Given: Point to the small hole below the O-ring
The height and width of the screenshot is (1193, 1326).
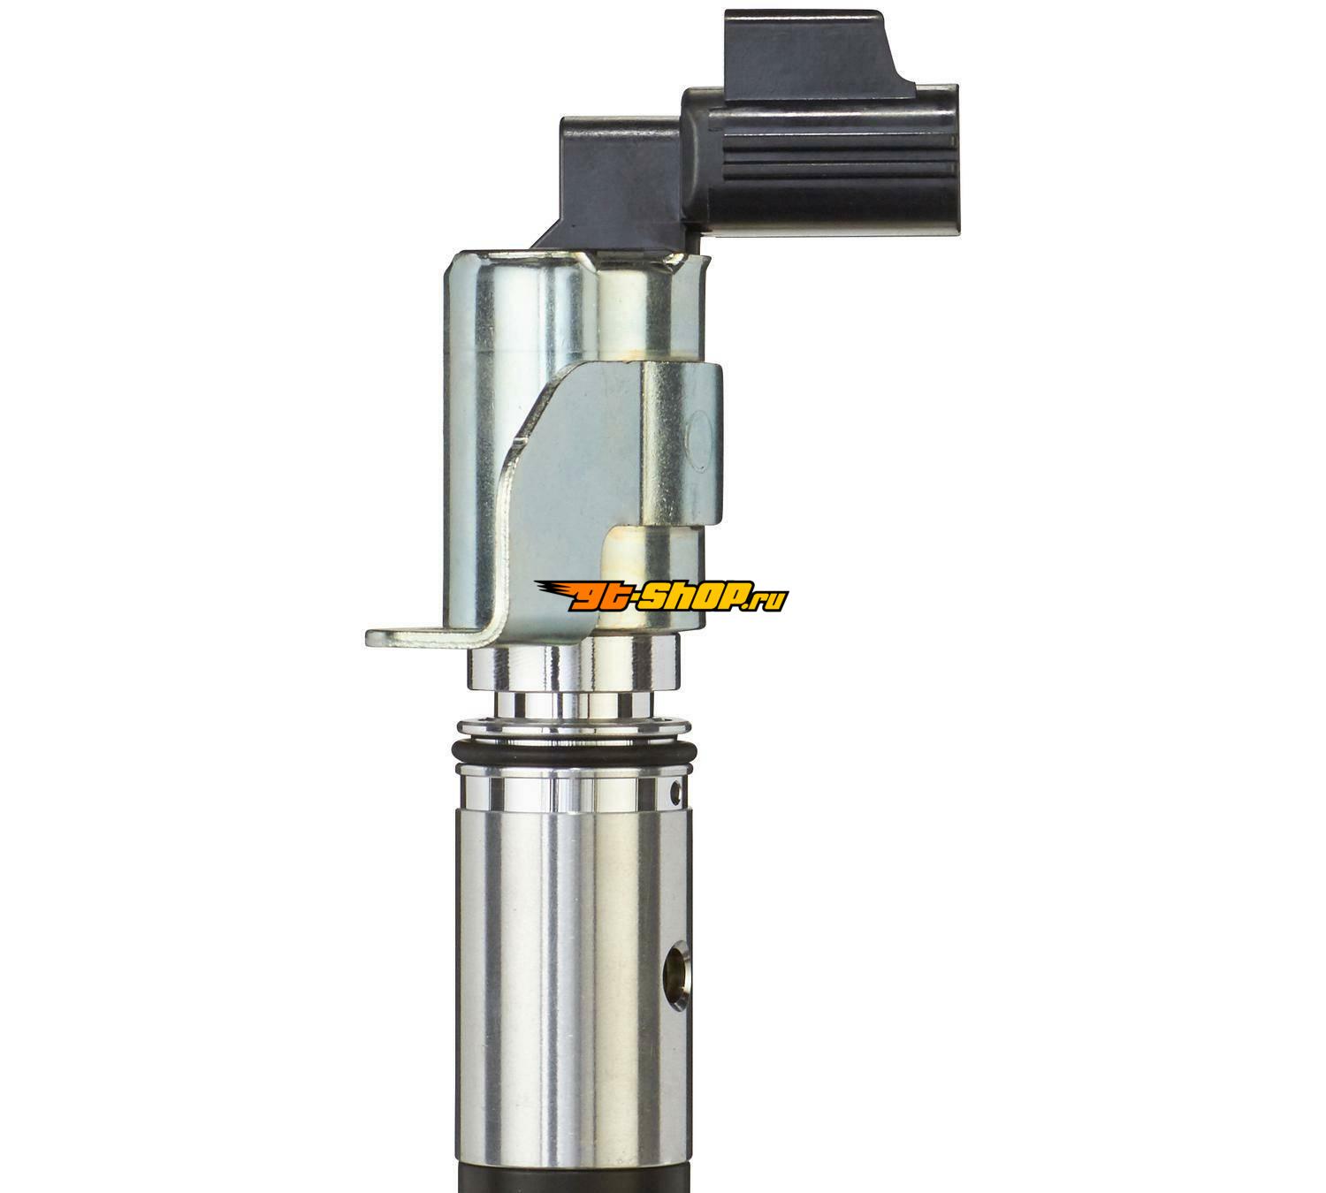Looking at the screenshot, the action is pyautogui.click(x=674, y=789).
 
